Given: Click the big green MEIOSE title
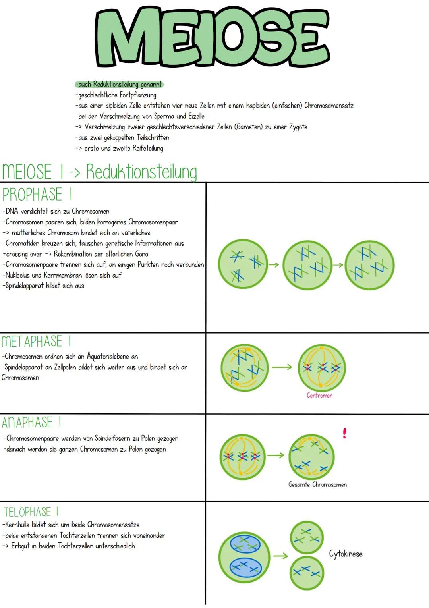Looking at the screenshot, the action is [213, 37].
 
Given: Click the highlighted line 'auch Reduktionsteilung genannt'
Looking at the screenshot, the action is [119, 84].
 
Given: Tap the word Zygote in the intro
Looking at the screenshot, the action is [298, 127].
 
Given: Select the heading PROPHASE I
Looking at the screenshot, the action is [37, 194].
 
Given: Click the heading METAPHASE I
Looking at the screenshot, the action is [37, 341].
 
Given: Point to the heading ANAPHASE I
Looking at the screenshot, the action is [31, 422].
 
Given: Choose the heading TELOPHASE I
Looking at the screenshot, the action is [31, 512].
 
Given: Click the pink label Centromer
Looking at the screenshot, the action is [319, 396].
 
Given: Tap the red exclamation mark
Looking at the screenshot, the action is [344, 433].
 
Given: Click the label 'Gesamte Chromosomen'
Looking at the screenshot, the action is [317, 484].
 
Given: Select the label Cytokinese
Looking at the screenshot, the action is [346, 554].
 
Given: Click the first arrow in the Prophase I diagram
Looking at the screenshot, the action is [274, 264].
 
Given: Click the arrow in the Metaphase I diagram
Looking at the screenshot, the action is [282, 367].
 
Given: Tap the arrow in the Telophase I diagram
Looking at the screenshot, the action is [280, 556].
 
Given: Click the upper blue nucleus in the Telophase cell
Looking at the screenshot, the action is [245, 544].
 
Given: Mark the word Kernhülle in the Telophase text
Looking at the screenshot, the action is [17, 524].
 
